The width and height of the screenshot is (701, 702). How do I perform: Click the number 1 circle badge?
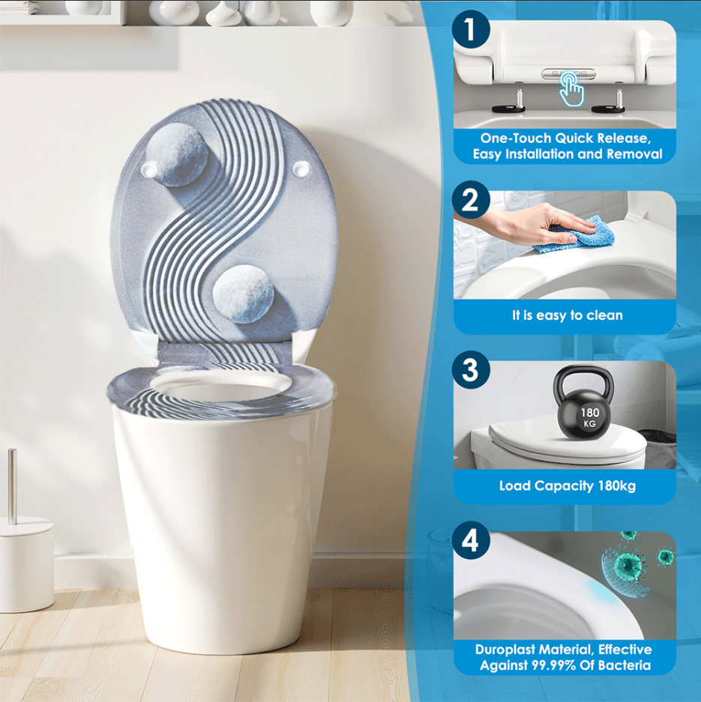pyautogui.click(x=470, y=31)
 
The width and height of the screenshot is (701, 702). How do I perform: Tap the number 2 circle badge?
pyautogui.click(x=470, y=201)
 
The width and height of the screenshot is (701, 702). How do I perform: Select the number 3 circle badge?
pyautogui.click(x=470, y=371)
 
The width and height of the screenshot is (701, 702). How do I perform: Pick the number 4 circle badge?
pyautogui.click(x=470, y=541)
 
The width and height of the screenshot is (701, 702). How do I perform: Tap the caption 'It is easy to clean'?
pyautogui.click(x=567, y=315)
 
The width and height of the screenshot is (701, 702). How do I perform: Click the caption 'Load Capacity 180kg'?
pyautogui.click(x=567, y=485)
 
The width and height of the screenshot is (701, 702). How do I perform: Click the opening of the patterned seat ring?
pyautogui.click(x=220, y=390)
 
